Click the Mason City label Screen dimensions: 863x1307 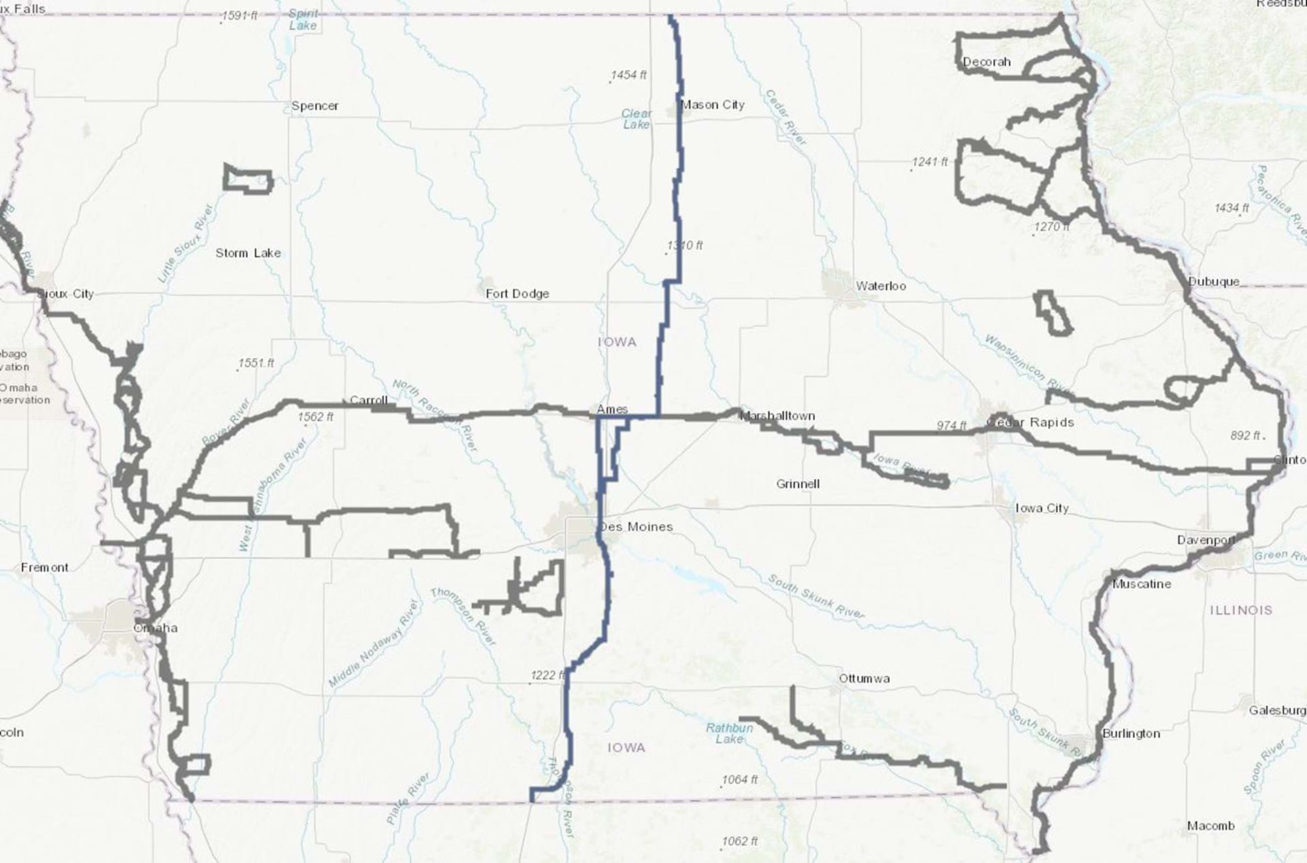[x=712, y=105]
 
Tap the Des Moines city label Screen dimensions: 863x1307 [x=636, y=527]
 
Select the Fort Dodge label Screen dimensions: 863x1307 [x=517, y=294]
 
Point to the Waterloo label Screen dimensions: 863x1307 [x=881, y=287]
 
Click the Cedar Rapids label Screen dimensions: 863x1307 [x=1030, y=423]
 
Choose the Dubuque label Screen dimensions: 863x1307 [x=1214, y=282]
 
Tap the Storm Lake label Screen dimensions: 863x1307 [x=248, y=253]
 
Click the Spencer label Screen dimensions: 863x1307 [x=314, y=106]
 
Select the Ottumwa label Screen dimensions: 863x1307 [x=864, y=679]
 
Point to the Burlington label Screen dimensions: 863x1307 [x=1131, y=734]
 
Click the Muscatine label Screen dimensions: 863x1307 [x=1142, y=584]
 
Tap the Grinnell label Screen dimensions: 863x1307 [x=798, y=485]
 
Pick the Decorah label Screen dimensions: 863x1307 [x=986, y=62]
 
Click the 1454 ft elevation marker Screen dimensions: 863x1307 [x=628, y=76]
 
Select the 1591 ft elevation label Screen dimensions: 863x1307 [x=239, y=16]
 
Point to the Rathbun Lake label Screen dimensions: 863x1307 [x=729, y=733]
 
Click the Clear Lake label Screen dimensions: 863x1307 [x=636, y=119]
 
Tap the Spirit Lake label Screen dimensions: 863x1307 [x=303, y=19]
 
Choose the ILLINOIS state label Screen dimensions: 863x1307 [x=1241, y=610]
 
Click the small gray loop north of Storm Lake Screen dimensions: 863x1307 [x=248, y=180]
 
